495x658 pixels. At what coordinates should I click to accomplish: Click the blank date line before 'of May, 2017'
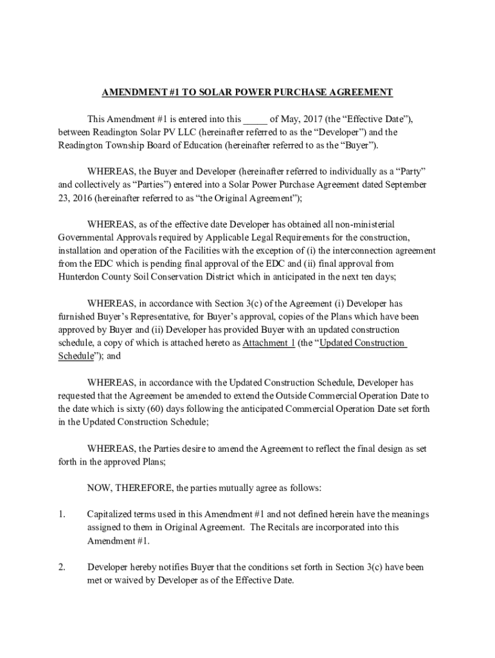click(x=255, y=120)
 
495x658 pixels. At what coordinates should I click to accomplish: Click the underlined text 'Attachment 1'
click(x=269, y=343)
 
